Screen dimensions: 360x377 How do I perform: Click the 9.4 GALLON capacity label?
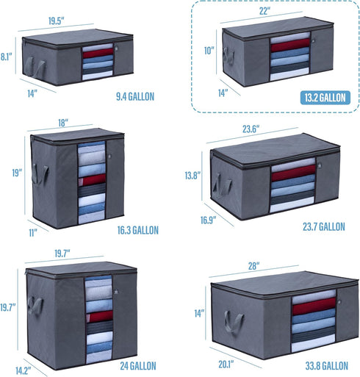pyautogui.click(x=135, y=96)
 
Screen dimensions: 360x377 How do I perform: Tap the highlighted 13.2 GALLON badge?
pyautogui.click(x=325, y=98)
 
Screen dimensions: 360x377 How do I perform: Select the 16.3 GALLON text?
pyautogui.click(x=138, y=230)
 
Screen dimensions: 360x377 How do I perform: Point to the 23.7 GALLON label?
pyautogui.click(x=324, y=226)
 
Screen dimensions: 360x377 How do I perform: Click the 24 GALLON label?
pyautogui.click(x=138, y=366)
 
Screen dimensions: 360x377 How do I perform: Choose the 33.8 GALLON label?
pyautogui.click(x=326, y=366)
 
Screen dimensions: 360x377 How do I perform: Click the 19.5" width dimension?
pyautogui.click(x=56, y=21)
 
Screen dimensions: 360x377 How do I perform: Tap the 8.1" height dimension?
pyautogui.click(x=6, y=57)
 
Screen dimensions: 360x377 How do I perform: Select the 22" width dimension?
pyautogui.click(x=264, y=11)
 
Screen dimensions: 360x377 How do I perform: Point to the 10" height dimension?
pyautogui.click(x=209, y=51)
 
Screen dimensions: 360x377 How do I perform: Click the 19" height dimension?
pyautogui.click(x=17, y=173)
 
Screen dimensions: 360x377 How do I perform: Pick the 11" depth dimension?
pyautogui.click(x=33, y=233)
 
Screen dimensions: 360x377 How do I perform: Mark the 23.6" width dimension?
pyautogui.click(x=251, y=129)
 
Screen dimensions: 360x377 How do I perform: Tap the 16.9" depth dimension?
pyautogui.click(x=209, y=220)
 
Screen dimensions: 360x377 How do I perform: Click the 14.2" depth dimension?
pyautogui.click(x=24, y=370)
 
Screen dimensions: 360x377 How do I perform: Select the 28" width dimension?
pyautogui.click(x=253, y=266)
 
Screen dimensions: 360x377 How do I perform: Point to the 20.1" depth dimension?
pyautogui.click(x=226, y=365)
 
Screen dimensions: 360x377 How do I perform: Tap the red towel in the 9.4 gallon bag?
pyautogui.click(x=98, y=53)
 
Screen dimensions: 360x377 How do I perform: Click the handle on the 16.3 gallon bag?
pyautogui.click(x=40, y=174)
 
